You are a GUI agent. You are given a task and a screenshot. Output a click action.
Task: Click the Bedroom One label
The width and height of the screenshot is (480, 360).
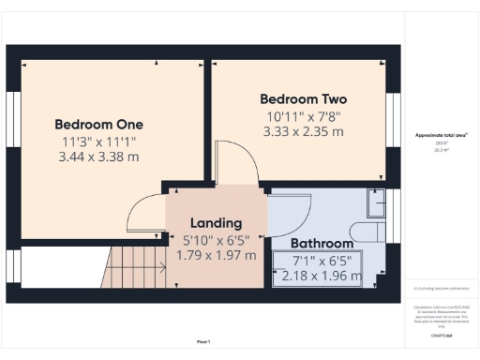coord(98,124)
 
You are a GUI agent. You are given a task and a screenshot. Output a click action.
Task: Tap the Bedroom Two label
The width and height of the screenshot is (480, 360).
coord(303,99)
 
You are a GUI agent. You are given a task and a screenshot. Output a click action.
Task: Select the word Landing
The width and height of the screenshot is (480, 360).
coord(216,223)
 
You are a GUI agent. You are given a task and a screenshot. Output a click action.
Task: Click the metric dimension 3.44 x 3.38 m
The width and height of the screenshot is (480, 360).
coord(98,157)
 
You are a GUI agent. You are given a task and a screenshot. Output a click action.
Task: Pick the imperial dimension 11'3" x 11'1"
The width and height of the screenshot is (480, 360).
coord(98,141)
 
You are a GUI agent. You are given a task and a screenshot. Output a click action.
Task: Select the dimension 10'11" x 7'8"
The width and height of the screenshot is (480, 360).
coord(303,117)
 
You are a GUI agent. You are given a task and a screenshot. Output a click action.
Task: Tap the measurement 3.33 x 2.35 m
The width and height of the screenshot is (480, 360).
coord(303,133)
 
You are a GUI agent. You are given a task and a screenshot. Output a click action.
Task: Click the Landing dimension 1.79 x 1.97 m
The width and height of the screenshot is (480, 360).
coord(216,255)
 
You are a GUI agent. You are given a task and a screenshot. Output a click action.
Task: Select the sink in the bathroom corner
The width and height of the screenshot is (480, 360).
coord(378,203)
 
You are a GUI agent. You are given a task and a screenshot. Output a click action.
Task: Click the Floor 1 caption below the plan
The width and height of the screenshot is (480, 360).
coord(202,340)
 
